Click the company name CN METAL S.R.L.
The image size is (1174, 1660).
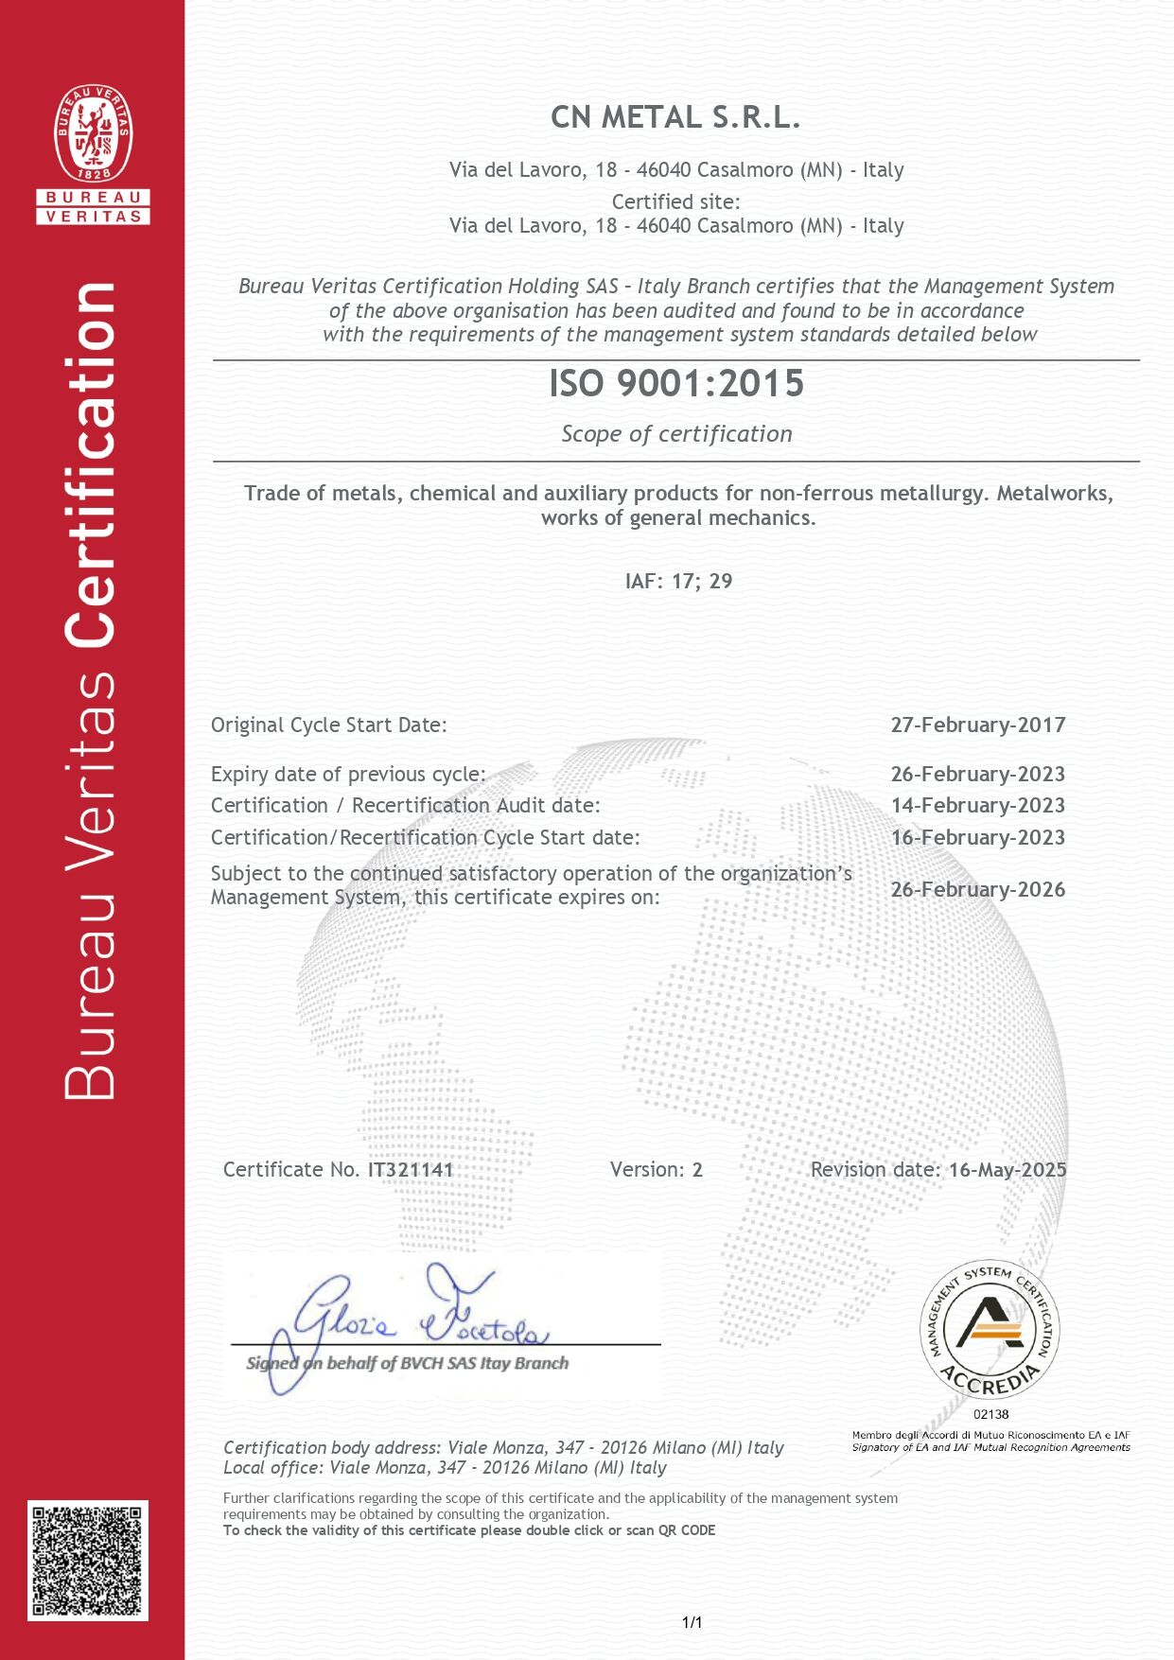tap(675, 117)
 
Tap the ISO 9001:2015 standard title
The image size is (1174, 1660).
tap(676, 383)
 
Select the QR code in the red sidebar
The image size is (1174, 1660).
tap(88, 1560)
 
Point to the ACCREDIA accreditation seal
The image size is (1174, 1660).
tap(990, 1331)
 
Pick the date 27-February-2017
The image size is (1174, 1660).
tap(977, 725)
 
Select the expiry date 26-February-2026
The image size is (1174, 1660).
tap(977, 889)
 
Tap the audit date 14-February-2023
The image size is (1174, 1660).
tap(977, 805)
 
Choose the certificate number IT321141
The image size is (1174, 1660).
tap(411, 1169)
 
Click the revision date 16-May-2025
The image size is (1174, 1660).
tap(1008, 1169)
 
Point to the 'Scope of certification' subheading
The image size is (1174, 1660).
tap(676, 434)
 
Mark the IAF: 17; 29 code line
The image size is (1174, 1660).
tap(678, 581)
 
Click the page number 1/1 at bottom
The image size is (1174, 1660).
tap(692, 1622)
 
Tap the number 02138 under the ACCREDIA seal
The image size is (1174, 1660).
tap(990, 1414)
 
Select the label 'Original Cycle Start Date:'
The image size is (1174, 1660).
tap(328, 725)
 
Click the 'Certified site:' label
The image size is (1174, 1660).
tap(675, 201)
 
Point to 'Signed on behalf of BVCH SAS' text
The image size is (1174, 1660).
tap(407, 1363)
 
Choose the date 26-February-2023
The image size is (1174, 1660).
tap(977, 774)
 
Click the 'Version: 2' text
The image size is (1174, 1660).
tap(656, 1169)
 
